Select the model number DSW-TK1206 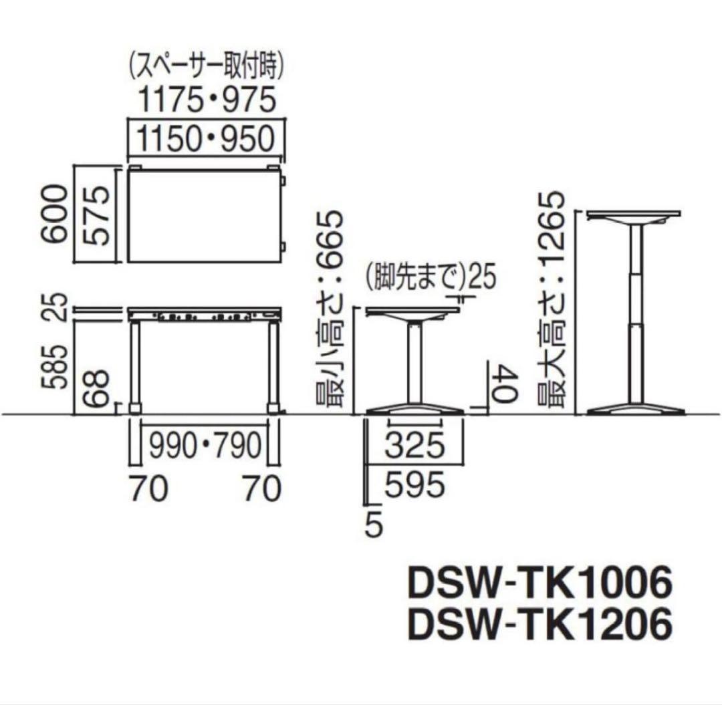538,626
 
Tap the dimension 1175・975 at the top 207,101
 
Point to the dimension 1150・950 207,140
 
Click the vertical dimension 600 55,215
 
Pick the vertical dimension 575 97,215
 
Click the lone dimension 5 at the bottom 375,526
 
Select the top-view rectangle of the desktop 204,216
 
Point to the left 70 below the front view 147,490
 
